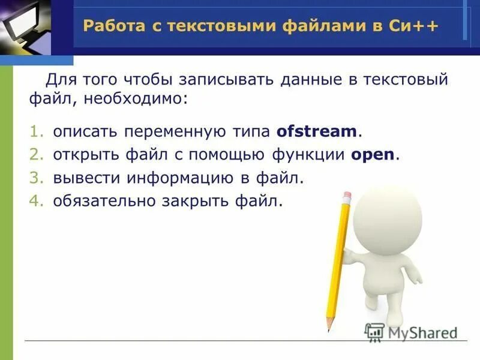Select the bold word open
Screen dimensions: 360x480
(373, 154)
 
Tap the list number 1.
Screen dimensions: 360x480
(38, 131)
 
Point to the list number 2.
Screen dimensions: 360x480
(38, 154)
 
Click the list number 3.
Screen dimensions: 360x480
(38, 178)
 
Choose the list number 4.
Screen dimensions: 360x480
(38, 201)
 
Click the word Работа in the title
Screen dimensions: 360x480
(110, 26)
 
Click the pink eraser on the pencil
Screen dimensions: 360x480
(346, 196)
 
